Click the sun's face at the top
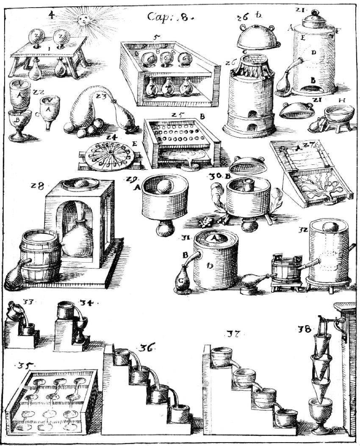[x=82, y=19]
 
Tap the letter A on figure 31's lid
[x=214, y=239]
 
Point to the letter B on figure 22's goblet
[x=18, y=119]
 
